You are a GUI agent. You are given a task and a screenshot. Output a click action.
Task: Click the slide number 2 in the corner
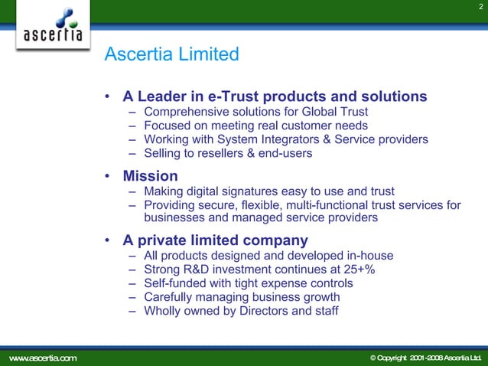480,7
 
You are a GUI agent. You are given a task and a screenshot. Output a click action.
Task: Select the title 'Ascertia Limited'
171,54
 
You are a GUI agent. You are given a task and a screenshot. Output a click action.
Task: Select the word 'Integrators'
301,139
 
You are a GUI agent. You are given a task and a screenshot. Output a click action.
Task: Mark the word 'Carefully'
169,296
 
